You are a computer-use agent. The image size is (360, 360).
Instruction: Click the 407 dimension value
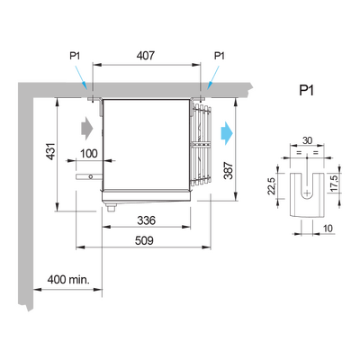146,56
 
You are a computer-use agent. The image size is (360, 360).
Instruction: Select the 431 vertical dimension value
51,151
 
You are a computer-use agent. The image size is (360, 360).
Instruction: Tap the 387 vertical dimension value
229,170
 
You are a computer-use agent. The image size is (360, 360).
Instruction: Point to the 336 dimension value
147,220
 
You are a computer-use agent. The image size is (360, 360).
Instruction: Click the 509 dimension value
144,240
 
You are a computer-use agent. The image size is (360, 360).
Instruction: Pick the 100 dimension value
89,154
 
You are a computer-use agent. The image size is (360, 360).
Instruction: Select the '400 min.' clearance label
68,280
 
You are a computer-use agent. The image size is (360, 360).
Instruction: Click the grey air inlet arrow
86,129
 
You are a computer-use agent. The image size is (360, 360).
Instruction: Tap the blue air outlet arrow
227,132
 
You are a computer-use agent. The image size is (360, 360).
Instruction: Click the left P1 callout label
75,56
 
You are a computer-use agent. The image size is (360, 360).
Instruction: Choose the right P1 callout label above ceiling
219,56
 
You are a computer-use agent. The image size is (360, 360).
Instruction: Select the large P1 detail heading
306,90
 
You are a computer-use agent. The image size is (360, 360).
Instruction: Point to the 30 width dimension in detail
307,140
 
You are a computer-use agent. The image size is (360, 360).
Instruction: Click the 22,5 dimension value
271,186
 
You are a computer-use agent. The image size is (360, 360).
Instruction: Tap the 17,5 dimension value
334,184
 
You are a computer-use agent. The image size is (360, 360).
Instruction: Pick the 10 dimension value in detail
328,229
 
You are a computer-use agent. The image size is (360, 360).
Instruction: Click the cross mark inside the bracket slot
307,193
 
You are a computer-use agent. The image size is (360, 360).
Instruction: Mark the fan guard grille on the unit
202,144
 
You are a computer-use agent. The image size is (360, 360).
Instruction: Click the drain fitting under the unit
112,207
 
